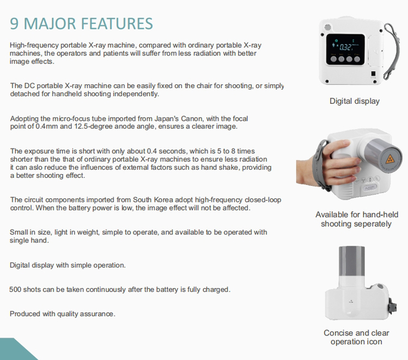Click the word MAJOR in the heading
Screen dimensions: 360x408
[x=53, y=24]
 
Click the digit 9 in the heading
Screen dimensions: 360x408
[x=15, y=24]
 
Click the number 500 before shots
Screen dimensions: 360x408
[x=16, y=289]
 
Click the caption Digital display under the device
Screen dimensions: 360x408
[x=355, y=101]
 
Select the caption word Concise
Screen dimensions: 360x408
[x=339, y=333]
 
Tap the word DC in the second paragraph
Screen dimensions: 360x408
[x=31, y=86]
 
